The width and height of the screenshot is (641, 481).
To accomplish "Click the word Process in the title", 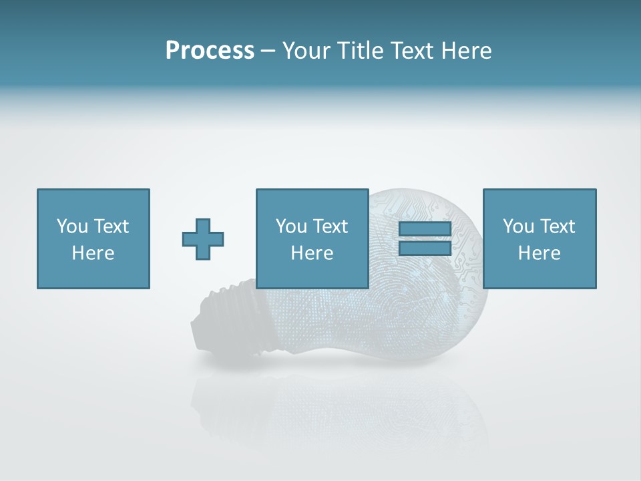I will (x=210, y=51).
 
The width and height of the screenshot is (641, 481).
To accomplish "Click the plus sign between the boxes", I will (x=203, y=239).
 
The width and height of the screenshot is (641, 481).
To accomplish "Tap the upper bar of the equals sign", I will (x=425, y=229).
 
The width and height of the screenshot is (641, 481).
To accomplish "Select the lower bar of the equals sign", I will (x=425, y=248).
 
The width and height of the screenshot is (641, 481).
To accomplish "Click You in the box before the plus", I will (x=72, y=226).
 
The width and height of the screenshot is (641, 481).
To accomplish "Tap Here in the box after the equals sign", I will (x=540, y=253).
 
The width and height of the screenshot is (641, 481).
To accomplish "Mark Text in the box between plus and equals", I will (x=331, y=226).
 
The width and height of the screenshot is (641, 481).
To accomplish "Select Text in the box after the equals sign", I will (x=558, y=226).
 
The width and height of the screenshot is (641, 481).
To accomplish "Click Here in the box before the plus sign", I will (x=93, y=253).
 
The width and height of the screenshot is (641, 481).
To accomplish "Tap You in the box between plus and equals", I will (x=291, y=226).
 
